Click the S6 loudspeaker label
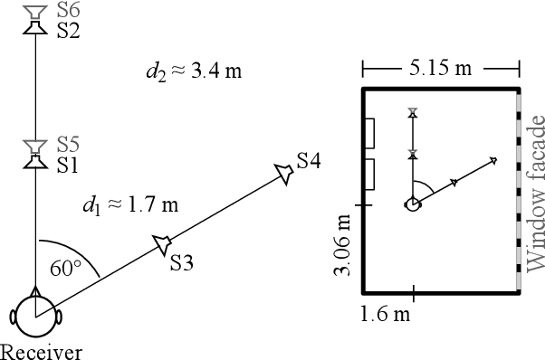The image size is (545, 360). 68,12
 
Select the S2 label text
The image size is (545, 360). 68,32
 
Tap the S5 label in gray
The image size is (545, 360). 68,145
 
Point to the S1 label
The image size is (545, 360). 68,165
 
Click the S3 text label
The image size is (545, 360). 182,263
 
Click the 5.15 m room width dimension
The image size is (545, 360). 440,69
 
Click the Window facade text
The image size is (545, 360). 534,193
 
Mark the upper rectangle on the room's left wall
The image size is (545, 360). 371,133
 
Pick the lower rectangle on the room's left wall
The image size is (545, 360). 371,174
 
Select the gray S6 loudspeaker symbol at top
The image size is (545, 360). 34,12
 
